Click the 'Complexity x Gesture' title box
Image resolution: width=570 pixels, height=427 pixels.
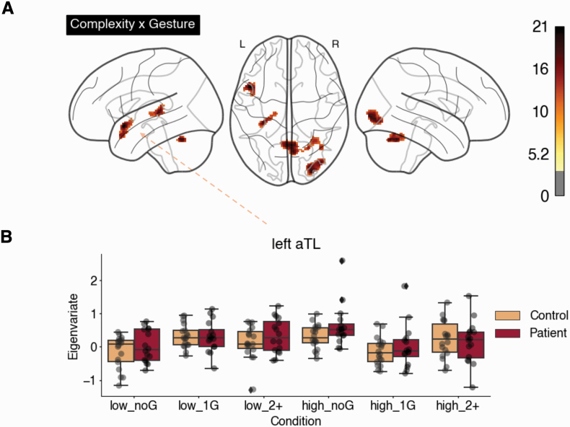click(x=132, y=25)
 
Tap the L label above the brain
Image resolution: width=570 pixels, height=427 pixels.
click(x=242, y=45)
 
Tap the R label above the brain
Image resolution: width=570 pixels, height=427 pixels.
click(x=335, y=45)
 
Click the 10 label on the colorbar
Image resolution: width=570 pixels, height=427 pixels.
click(x=538, y=111)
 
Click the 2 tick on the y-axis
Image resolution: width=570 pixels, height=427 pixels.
click(x=92, y=281)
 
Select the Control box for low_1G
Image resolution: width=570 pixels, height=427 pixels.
click(x=185, y=337)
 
